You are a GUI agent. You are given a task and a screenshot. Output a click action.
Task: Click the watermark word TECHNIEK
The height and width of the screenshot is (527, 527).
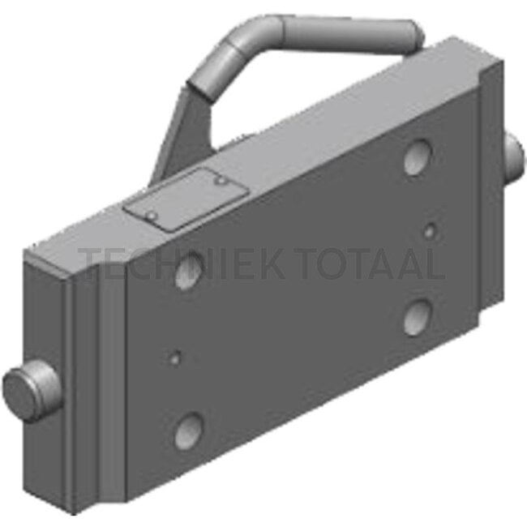point(181,263)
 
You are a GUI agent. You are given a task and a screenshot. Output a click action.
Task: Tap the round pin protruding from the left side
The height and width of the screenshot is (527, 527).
point(32,391)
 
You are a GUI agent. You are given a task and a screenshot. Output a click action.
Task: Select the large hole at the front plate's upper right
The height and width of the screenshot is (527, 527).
point(418,157)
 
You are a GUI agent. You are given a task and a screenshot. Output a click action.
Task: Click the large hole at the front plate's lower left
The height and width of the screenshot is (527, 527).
point(189,431)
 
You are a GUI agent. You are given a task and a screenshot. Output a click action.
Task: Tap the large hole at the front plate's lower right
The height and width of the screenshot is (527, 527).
point(418,317)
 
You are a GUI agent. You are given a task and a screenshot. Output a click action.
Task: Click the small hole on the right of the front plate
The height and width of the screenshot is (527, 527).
point(429,231)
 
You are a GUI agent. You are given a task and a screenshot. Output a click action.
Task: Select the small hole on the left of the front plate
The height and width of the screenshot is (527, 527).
point(175,358)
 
